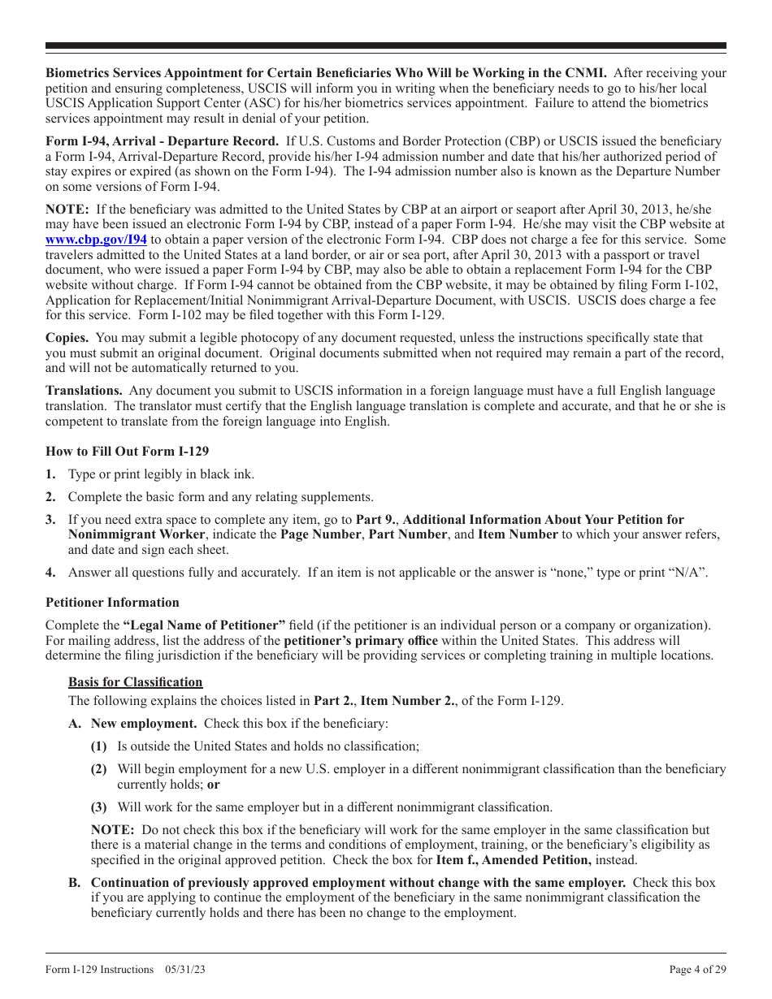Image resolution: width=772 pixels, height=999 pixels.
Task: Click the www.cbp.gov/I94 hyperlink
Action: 96,240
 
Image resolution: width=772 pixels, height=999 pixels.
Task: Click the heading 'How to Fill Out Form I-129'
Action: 127,452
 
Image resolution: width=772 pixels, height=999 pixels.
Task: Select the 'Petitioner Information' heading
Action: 112,603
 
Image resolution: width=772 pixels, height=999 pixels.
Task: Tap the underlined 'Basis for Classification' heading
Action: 135,682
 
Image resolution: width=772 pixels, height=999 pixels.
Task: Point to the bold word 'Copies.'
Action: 67,338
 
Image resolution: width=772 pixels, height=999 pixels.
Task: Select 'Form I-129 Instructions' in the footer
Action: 99,969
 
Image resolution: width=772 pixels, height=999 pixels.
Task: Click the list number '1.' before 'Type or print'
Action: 50,474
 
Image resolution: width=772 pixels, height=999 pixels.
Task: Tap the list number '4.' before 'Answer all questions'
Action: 50,573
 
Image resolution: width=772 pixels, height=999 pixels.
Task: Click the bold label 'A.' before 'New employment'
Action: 74,724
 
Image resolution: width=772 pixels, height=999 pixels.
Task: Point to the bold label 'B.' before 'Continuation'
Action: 74,883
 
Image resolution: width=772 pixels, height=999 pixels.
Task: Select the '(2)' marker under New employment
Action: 98,769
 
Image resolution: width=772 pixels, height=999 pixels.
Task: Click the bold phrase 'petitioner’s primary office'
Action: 354,641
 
